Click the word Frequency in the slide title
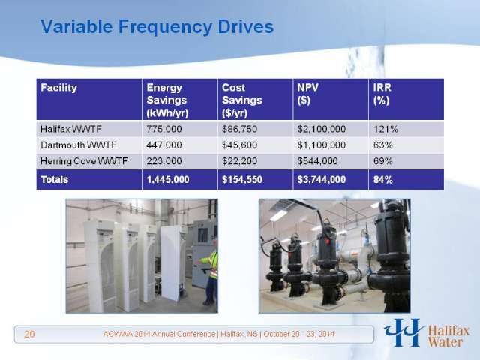pyautogui.click(x=165, y=27)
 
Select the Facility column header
pyautogui.click(x=58, y=88)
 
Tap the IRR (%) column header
pyautogui.click(x=382, y=94)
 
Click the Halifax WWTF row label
pyautogui.click(x=70, y=129)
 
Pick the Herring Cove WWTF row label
pyautogui.click(x=84, y=161)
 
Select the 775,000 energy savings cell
pyautogui.click(x=164, y=129)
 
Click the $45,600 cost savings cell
pyautogui.click(x=240, y=145)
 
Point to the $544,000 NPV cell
pyautogui.click(x=318, y=161)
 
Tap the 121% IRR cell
pyautogui.click(x=385, y=129)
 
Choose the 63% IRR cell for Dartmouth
pyautogui.click(x=383, y=145)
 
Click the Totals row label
pyautogui.click(x=55, y=180)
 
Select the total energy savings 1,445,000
pyautogui.click(x=168, y=180)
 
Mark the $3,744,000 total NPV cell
pyautogui.click(x=322, y=180)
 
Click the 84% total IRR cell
pyautogui.click(x=383, y=180)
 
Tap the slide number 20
pyautogui.click(x=29, y=334)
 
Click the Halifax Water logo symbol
pyautogui.click(x=404, y=332)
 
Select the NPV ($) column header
pyautogui.click(x=307, y=94)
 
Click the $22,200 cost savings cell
pyautogui.click(x=240, y=161)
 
